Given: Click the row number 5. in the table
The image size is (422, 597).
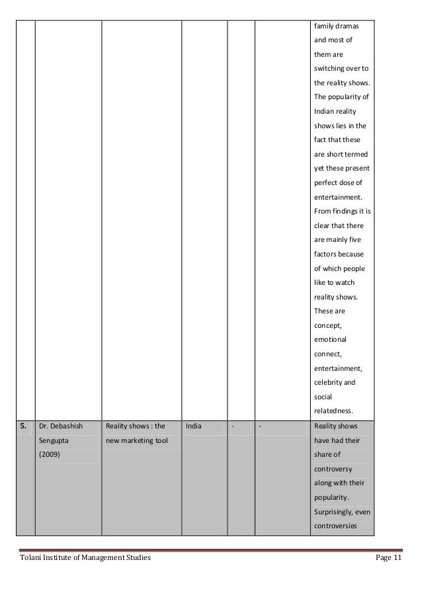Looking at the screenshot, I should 24,426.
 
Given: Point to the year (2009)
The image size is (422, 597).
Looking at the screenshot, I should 50,455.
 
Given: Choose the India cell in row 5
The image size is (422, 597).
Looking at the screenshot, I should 194,426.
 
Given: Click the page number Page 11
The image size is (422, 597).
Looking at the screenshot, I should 388,559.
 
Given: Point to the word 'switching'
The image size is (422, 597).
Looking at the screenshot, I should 329,69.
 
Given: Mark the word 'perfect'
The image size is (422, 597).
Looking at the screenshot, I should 326,182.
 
